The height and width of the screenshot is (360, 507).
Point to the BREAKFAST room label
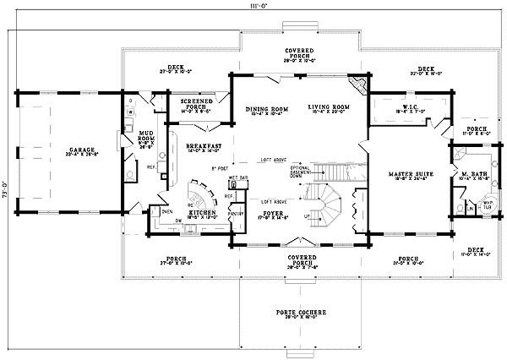(x=202, y=146)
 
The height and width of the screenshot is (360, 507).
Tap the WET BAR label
(x=237, y=178)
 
